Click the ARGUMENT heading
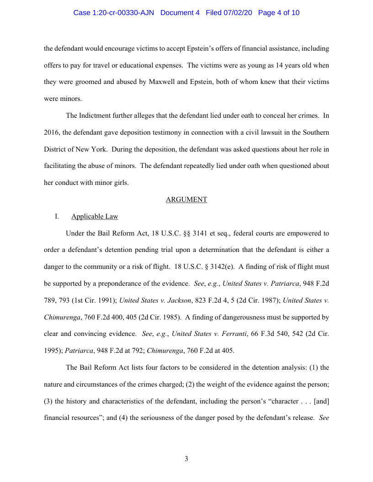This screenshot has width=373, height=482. pyautogui.click(x=186, y=199)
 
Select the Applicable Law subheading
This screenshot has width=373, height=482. pyautogui.click(x=95, y=216)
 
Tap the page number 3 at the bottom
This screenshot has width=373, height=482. pyautogui.click(x=186, y=459)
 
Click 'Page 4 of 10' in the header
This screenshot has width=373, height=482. pyautogui.click(x=279, y=13)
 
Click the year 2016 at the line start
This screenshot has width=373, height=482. pyautogui.click(x=51, y=132)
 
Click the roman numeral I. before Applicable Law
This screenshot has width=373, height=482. pyautogui.click(x=57, y=216)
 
